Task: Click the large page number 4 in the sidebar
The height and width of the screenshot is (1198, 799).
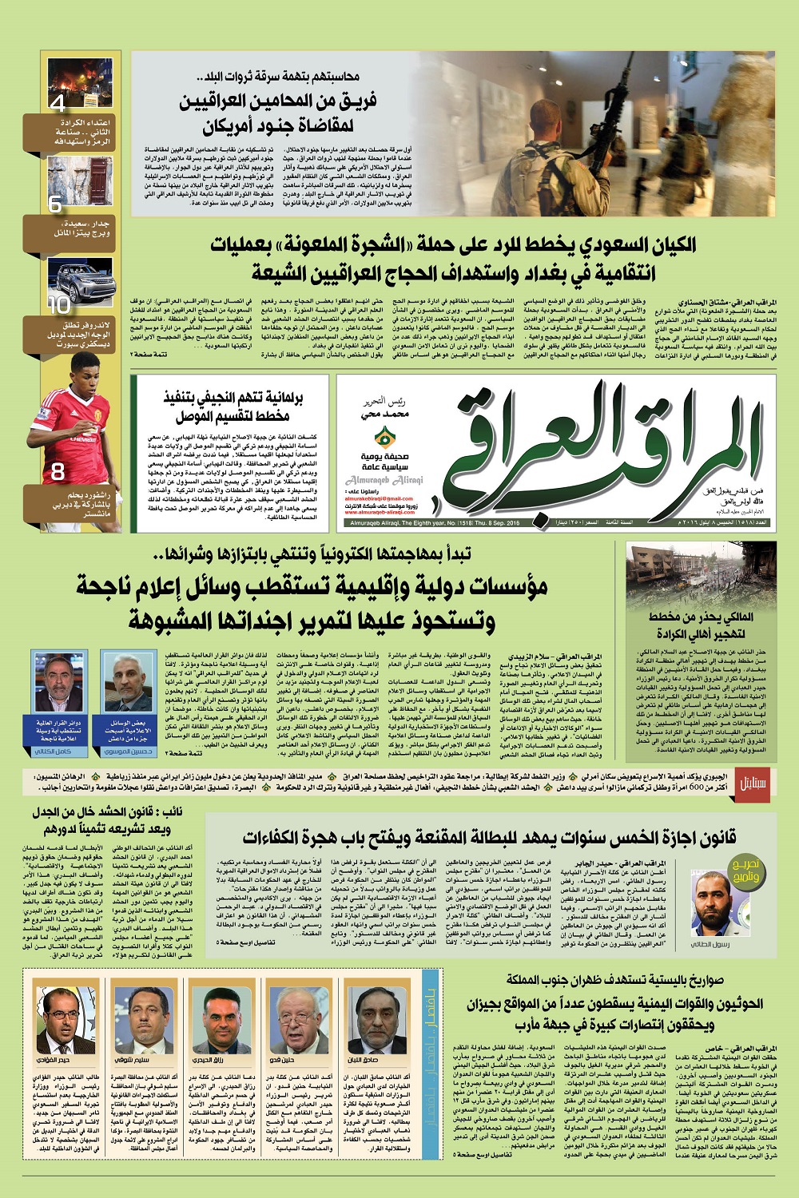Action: (x=58, y=104)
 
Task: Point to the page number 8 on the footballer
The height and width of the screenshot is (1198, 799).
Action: (x=58, y=471)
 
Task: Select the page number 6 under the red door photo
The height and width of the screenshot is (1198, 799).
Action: (x=55, y=203)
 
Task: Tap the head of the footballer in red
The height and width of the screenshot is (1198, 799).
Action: (x=70, y=375)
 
